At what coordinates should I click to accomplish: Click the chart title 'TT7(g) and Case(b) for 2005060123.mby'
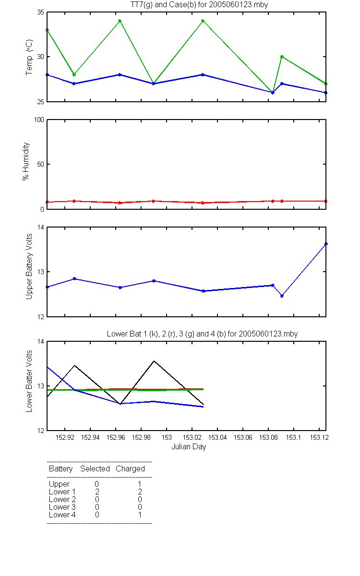199,5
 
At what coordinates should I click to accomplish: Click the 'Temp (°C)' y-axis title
29,57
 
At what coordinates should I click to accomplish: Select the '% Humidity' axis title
26,161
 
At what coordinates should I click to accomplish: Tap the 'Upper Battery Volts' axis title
29,266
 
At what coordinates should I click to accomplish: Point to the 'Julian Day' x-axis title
189,447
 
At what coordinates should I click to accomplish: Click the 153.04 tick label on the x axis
217,437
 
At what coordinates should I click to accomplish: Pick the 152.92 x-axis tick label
65,437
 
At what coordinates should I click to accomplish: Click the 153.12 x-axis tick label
319,437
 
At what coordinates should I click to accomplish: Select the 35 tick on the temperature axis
41,12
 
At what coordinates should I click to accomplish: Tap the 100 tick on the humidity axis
39,120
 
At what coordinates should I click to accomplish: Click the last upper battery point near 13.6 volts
326,244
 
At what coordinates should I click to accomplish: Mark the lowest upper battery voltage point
282,296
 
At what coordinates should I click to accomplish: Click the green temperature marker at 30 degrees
282,57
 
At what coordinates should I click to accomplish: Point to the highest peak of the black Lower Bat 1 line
154,361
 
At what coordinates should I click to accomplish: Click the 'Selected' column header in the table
95,469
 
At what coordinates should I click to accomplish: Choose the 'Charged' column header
130,469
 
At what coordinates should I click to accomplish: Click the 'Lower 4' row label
62,515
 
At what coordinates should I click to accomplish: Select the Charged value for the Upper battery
140,484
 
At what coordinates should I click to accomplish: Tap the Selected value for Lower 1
97,492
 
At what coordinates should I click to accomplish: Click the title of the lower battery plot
202,334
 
